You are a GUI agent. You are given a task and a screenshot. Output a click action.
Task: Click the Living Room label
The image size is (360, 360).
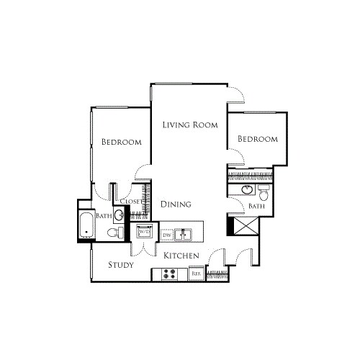click(x=189, y=125)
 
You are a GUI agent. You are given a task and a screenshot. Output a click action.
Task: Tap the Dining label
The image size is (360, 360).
click(x=176, y=204)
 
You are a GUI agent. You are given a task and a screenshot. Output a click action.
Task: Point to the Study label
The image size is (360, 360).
click(x=122, y=265)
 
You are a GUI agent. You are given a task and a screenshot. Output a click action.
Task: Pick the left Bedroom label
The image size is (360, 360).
click(x=121, y=142)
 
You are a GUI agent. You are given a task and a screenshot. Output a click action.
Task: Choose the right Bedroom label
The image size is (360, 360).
click(x=258, y=139)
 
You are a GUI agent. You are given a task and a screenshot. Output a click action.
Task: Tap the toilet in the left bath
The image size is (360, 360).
click(x=112, y=232)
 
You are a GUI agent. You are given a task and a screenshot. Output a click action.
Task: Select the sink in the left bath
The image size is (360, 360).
click(x=119, y=215)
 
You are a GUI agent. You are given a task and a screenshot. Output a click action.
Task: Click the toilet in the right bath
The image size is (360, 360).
click(x=264, y=193)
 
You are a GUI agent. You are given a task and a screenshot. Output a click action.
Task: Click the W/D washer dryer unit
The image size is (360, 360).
click(x=144, y=232)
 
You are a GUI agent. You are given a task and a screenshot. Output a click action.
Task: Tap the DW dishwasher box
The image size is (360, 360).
click(x=166, y=235)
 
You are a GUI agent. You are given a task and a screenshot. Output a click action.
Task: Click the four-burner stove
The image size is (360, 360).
click(x=171, y=274)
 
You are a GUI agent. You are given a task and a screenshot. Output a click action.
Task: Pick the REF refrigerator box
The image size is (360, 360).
click(x=195, y=274)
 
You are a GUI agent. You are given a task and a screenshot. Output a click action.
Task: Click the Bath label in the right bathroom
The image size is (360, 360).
click(x=256, y=206)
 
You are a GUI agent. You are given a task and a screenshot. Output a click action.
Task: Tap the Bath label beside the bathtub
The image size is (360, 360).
click(x=104, y=215)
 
